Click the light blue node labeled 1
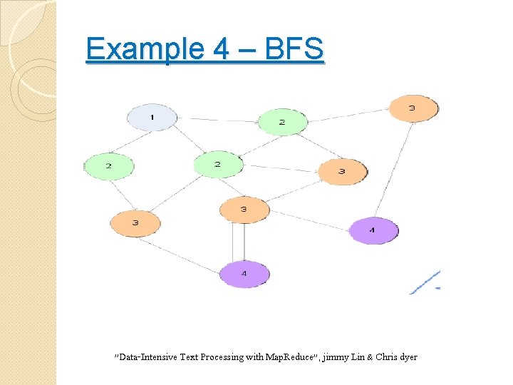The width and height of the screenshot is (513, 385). [x=151, y=117]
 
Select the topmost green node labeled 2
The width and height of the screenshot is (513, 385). [x=282, y=122]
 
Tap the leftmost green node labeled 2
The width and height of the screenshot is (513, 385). [x=109, y=166]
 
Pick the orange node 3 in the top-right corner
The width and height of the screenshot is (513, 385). [x=413, y=108]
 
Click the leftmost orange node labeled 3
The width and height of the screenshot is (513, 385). [x=135, y=223]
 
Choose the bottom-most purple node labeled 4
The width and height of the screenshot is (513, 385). [x=244, y=274]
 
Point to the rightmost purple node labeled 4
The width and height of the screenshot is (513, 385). [x=373, y=230]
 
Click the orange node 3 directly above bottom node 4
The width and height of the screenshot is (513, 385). [x=244, y=210]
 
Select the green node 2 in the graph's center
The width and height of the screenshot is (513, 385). [x=218, y=165]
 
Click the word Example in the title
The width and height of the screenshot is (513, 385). [x=135, y=49]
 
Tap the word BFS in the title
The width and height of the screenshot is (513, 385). [x=294, y=49]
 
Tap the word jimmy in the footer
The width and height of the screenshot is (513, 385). [x=336, y=356]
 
